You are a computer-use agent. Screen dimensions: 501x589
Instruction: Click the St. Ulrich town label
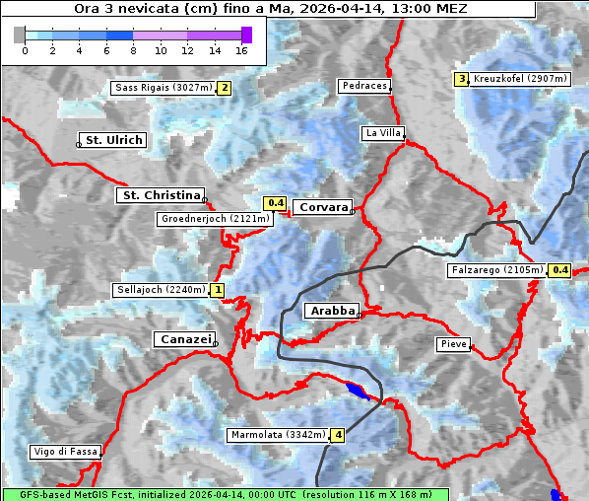113,140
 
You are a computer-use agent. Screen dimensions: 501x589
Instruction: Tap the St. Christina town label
160,195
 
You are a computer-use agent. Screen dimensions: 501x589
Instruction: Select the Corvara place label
321,208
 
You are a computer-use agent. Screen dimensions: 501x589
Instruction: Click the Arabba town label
331,311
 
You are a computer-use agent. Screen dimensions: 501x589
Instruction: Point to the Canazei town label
183,339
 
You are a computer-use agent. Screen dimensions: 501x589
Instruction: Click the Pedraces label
364,86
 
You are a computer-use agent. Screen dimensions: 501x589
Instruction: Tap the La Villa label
382,132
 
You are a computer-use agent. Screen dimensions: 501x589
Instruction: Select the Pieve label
453,344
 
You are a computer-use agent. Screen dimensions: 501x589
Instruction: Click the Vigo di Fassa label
65,452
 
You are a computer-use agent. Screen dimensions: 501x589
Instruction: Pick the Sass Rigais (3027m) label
164,88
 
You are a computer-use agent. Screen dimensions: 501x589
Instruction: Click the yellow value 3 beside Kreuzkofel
461,79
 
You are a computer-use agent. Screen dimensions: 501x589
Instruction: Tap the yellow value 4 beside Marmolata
338,435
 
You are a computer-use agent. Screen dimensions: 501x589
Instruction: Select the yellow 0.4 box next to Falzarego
560,270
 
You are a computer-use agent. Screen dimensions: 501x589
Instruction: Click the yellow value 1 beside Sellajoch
217,290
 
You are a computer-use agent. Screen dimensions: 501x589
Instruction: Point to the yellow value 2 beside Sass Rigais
225,88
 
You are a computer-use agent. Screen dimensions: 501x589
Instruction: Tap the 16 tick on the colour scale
241,49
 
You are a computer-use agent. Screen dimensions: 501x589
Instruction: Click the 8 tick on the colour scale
133,49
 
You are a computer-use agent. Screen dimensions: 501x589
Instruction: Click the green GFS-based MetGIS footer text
225,494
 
